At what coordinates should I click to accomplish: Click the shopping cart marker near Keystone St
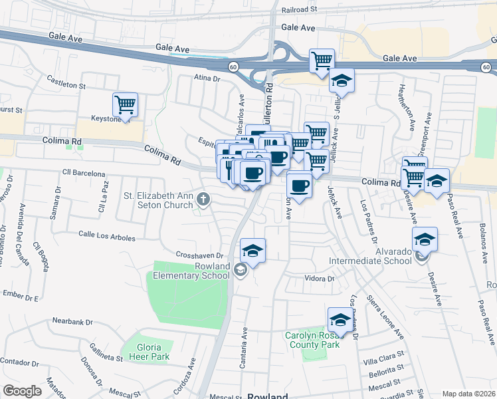click(x=125, y=104)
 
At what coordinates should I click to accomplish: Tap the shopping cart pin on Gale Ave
click(x=322, y=61)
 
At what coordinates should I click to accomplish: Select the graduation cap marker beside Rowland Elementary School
click(x=252, y=250)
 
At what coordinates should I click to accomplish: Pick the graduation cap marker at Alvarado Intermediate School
click(x=425, y=239)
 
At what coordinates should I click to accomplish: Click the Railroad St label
click(x=300, y=11)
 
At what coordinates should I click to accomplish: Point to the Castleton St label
click(x=66, y=82)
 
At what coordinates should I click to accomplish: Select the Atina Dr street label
click(x=207, y=78)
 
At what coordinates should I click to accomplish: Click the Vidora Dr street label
click(x=319, y=278)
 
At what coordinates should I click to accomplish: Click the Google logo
click(x=23, y=391)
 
